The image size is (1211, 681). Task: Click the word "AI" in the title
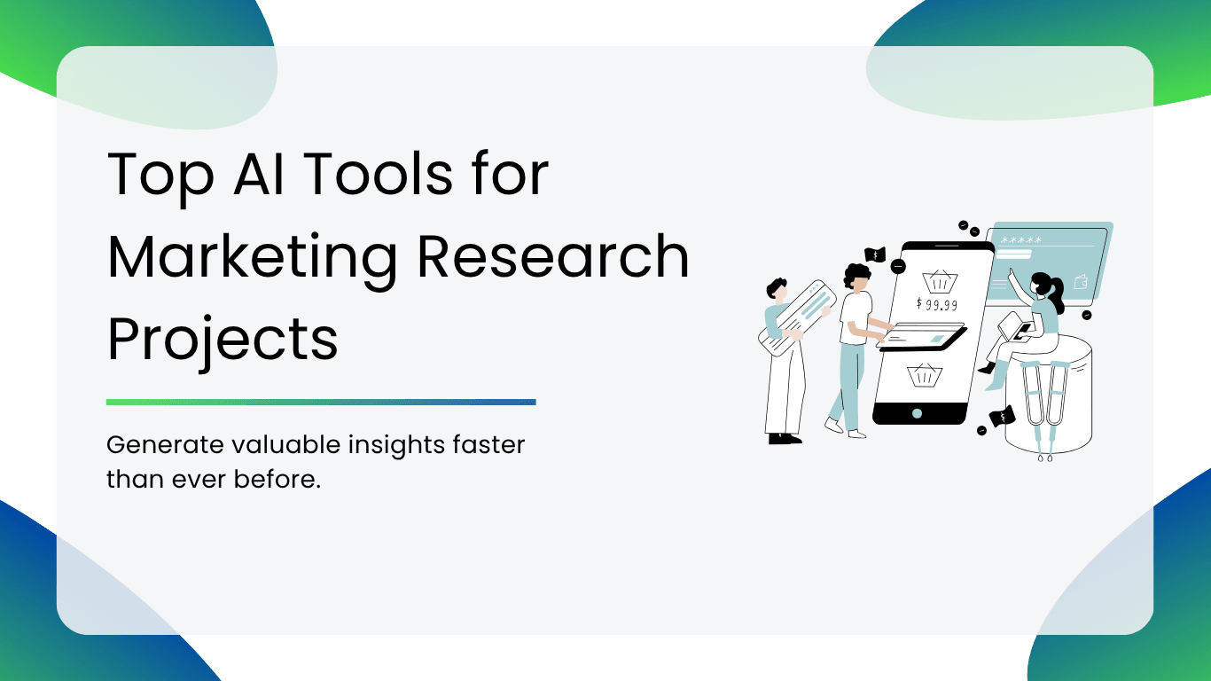click(x=258, y=174)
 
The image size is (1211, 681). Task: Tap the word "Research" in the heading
click(x=553, y=257)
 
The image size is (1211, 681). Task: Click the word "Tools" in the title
click(x=378, y=174)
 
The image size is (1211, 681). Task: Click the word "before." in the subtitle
click(x=277, y=479)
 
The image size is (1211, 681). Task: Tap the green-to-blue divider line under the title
click(x=321, y=402)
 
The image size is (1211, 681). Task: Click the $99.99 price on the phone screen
click(x=937, y=304)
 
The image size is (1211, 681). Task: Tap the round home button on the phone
click(x=917, y=414)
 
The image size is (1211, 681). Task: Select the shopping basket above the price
click(x=940, y=281)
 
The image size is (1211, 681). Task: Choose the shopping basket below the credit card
click(x=925, y=375)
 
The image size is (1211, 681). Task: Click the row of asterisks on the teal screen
click(x=1020, y=240)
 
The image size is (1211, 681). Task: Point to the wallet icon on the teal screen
click(x=1080, y=282)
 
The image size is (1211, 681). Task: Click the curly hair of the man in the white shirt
click(x=857, y=273)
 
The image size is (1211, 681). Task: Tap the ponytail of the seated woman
click(x=1056, y=294)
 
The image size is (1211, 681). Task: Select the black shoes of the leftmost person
click(x=785, y=439)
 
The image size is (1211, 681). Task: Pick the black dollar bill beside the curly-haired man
click(x=875, y=254)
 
